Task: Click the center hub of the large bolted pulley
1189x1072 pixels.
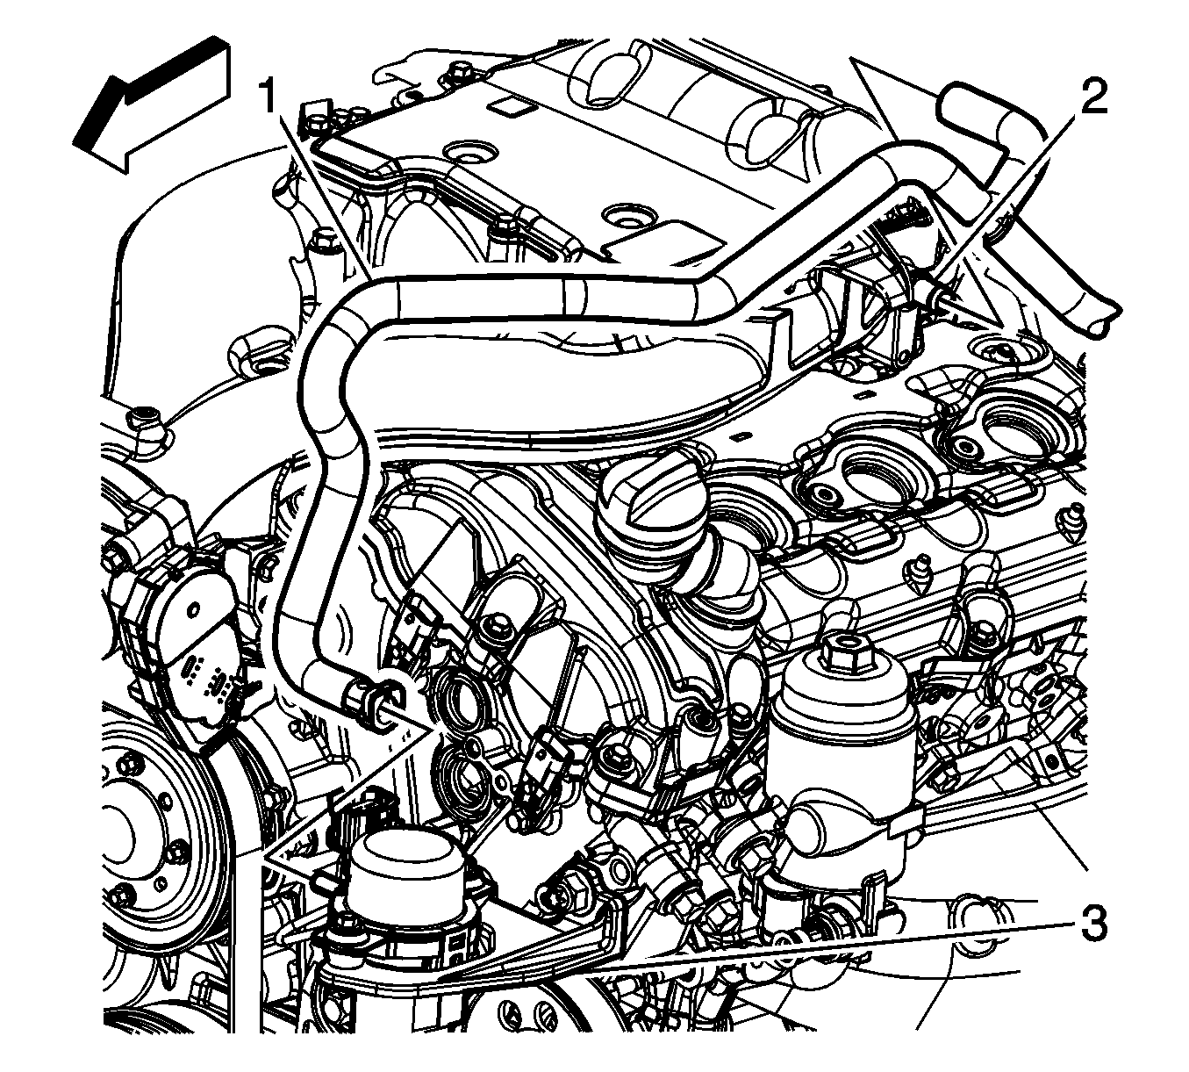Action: pos(127,842)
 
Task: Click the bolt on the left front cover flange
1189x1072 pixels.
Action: pos(144,417)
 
